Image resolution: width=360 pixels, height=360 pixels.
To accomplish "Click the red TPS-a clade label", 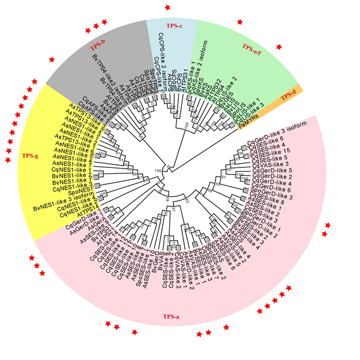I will click(x=170, y=316).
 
